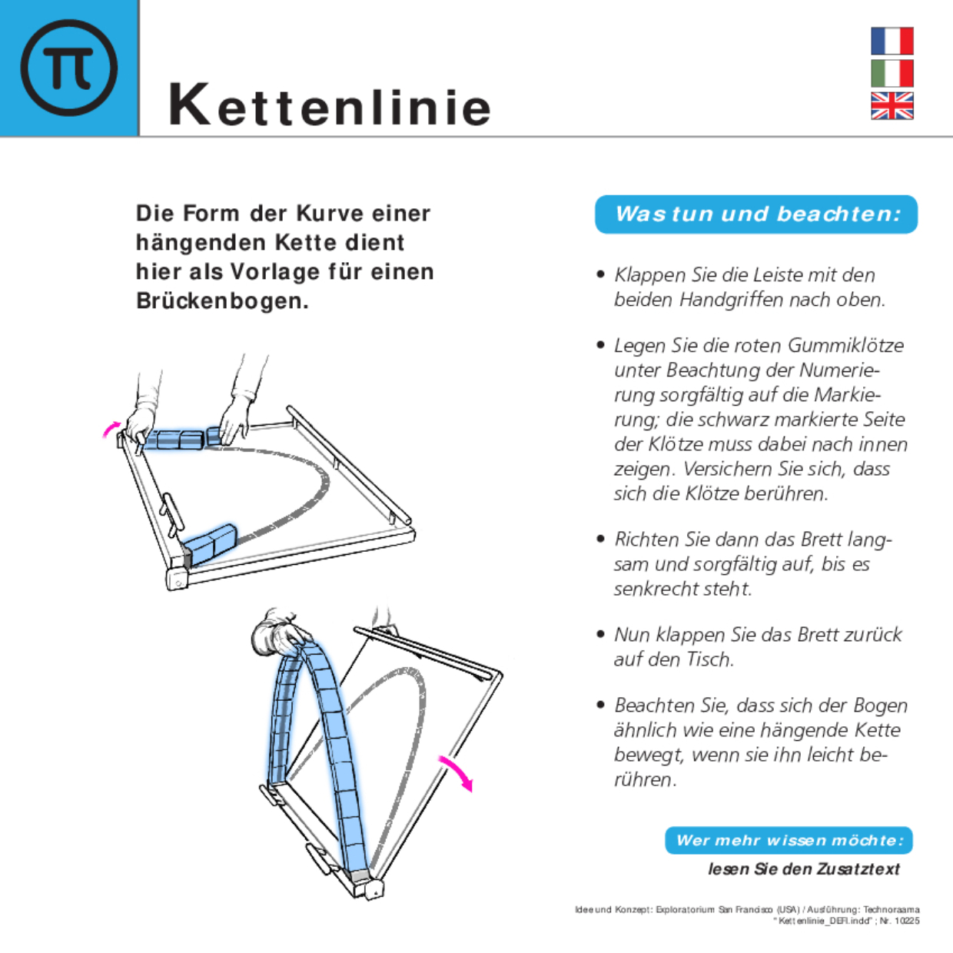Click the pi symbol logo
69,68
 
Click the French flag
892,41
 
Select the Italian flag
892,74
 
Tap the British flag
892,106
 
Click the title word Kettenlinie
330,105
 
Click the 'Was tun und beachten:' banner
756,214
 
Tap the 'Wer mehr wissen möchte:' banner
789,841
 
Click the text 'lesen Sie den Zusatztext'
803,869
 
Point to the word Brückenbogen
221,301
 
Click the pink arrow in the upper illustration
111,428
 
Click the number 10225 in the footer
907,921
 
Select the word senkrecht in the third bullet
649,589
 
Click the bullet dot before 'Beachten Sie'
601,705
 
